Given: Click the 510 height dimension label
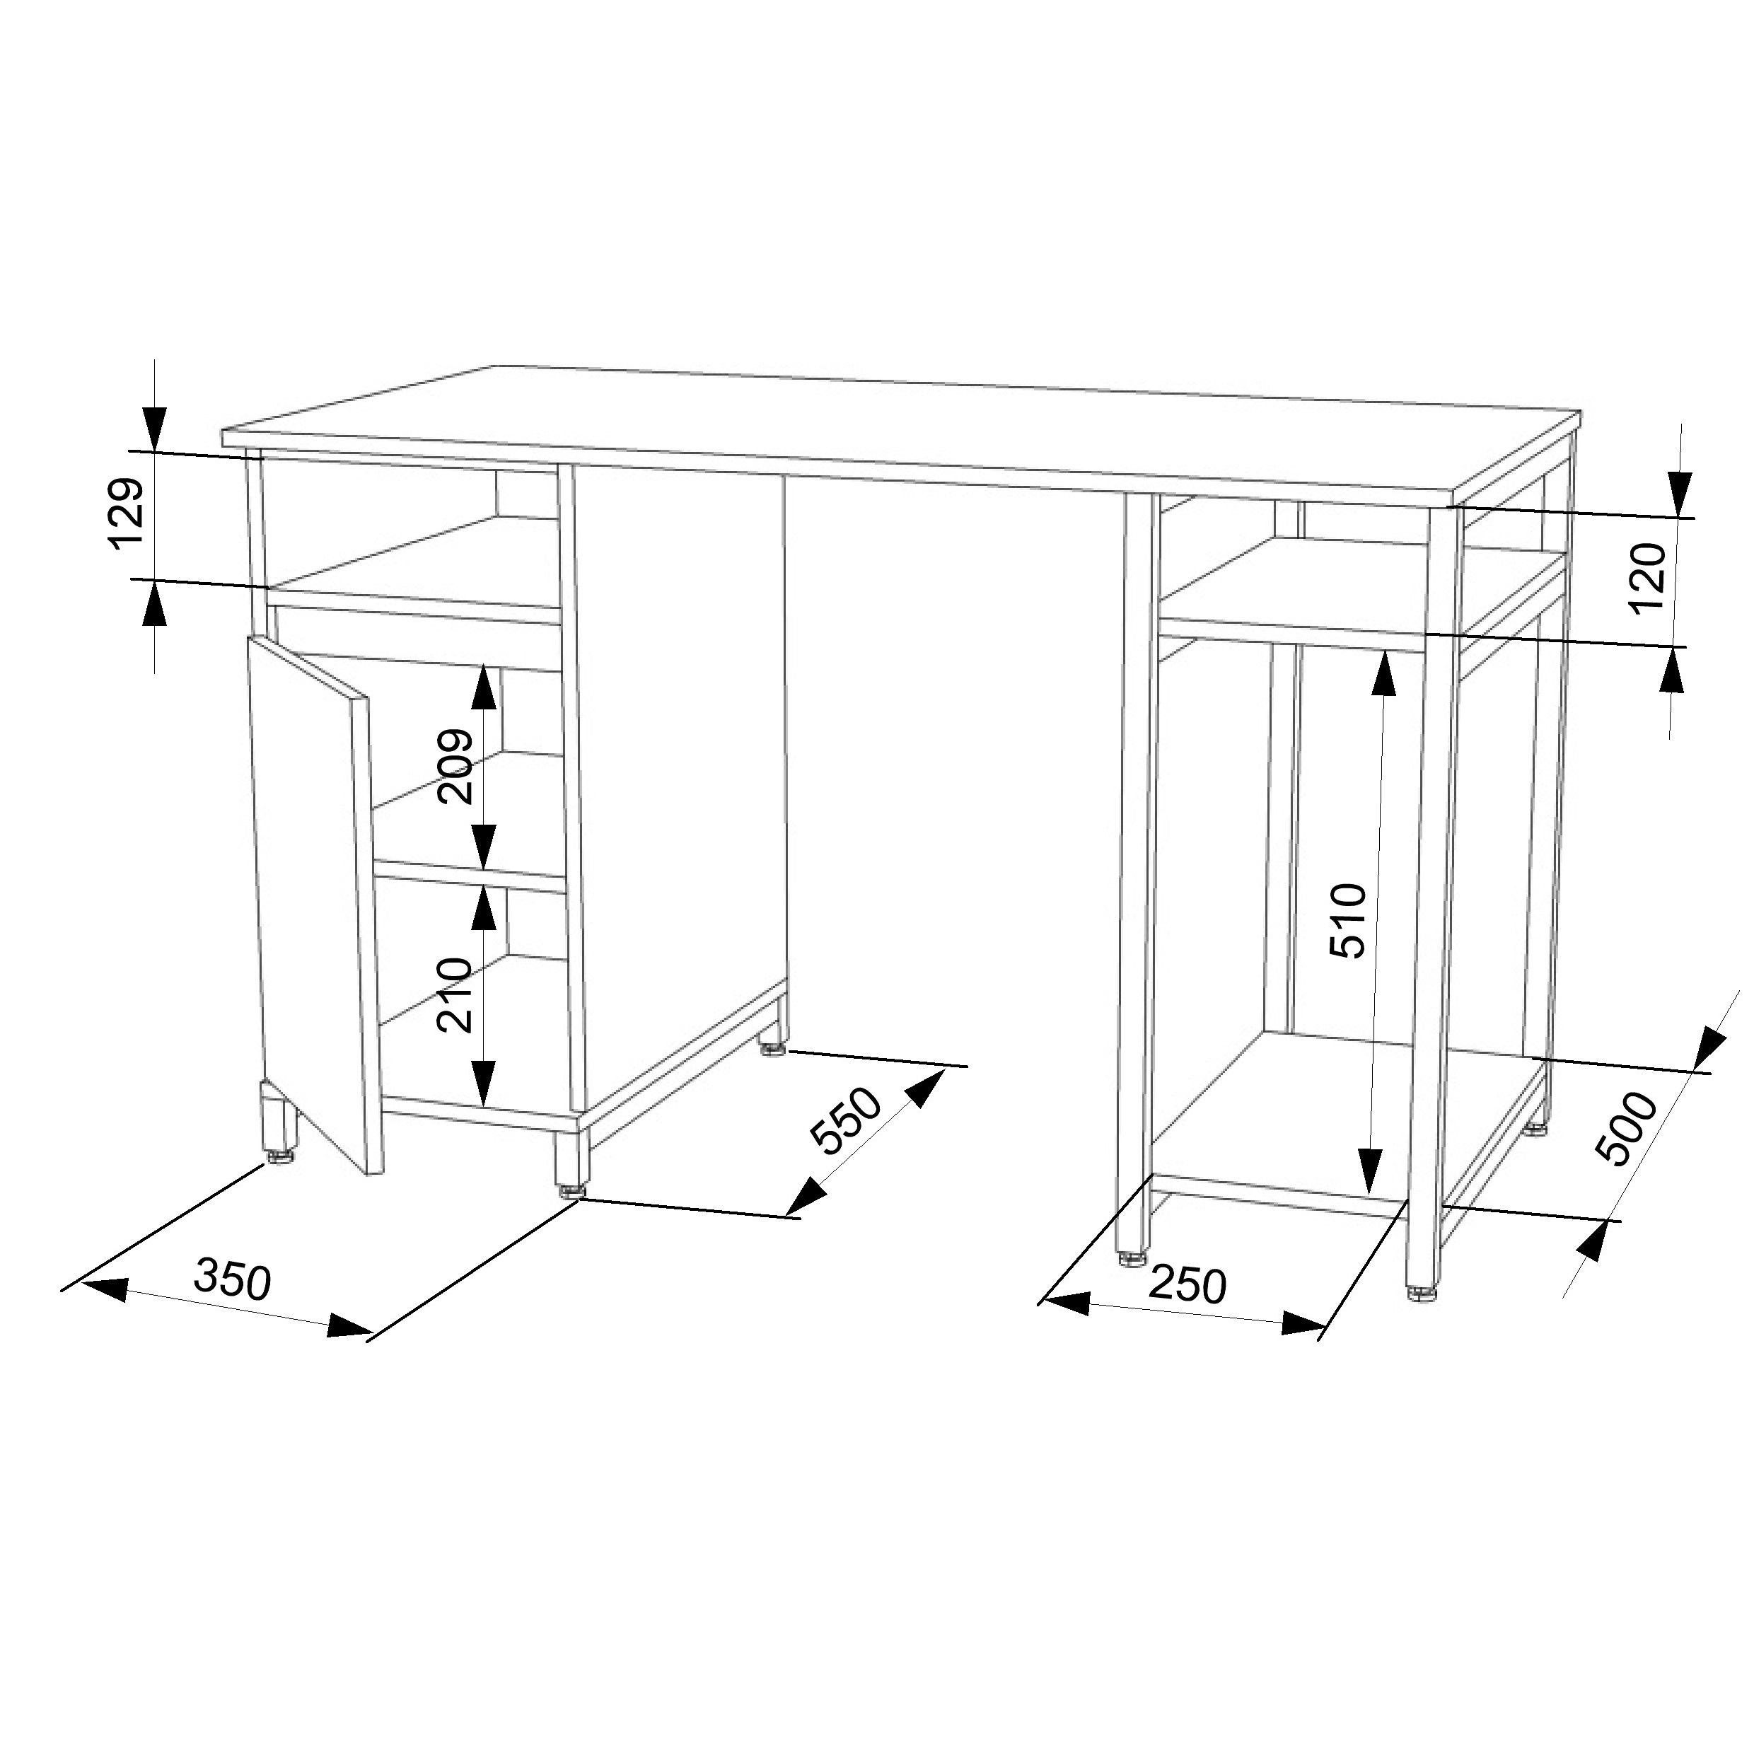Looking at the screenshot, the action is click(1347, 921).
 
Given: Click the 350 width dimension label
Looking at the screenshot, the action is click(233, 1280).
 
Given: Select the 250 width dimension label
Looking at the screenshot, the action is click(1187, 1284).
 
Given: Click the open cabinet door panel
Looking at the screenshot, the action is click(314, 908).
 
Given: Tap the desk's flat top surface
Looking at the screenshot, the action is click(903, 434).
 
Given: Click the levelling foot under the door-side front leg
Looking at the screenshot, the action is click(279, 1159).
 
